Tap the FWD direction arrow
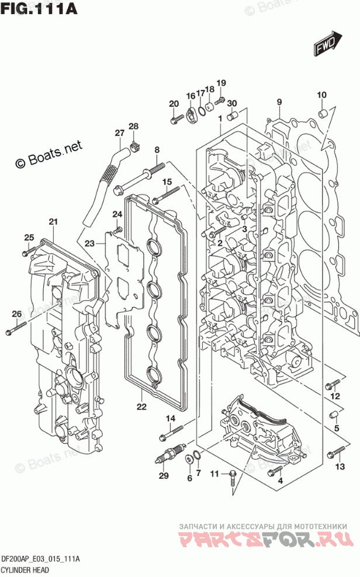click(326, 43)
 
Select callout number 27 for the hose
click(119, 133)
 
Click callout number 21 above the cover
click(53, 222)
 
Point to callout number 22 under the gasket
click(141, 407)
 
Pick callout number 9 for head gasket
click(279, 103)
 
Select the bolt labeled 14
click(170, 434)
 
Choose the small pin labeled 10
click(321, 112)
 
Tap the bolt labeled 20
click(176, 120)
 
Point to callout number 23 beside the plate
click(89, 243)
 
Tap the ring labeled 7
click(198, 456)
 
